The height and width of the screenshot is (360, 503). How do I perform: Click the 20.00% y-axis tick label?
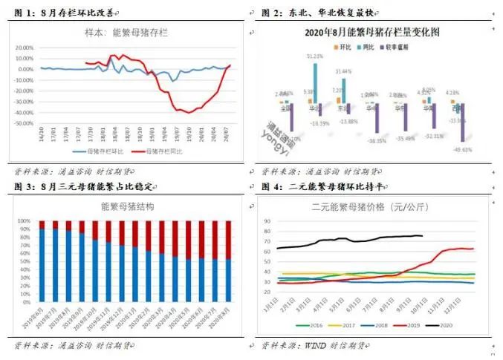pos(25,47)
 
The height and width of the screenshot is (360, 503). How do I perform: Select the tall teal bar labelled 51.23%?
pos(315,82)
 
